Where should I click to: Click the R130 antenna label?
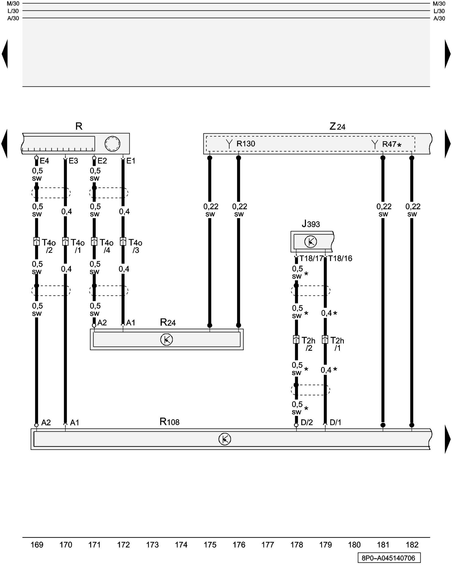(245, 144)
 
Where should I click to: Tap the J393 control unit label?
(311, 224)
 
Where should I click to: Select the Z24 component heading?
(337, 126)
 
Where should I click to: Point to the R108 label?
(169, 422)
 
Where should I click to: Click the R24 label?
(168, 322)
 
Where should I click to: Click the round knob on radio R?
(112, 144)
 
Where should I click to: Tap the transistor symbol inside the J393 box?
(310, 242)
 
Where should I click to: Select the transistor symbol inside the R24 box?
(167, 340)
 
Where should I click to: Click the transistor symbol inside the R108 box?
(225, 439)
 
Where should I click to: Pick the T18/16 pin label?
(340, 258)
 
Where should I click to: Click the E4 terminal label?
(44, 161)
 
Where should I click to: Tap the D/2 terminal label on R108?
(307, 422)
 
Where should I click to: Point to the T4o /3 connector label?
(135, 246)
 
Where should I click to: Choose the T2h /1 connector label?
(337, 344)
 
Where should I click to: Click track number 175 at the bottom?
(210, 545)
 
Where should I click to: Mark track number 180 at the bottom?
(354, 545)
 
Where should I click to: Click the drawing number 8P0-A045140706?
(389, 558)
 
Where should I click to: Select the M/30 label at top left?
(13, 4)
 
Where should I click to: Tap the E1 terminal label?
(131, 161)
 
